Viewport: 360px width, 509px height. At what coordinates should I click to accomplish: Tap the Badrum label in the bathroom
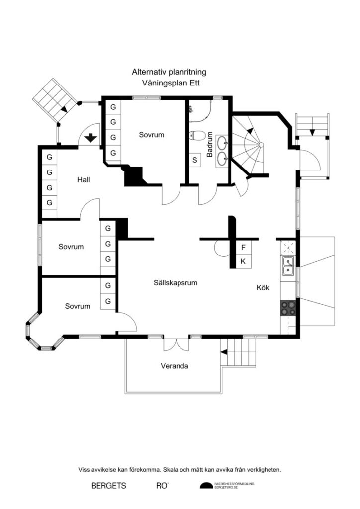coord(210,144)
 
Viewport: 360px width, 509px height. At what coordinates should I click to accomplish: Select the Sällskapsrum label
coord(176,283)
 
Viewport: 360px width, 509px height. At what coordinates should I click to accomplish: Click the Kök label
coord(263,287)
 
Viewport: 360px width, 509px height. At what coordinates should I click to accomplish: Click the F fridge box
coord(243,247)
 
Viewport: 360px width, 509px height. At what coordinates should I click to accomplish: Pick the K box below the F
coord(243,261)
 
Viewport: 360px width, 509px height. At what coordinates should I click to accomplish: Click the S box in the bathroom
coord(195,160)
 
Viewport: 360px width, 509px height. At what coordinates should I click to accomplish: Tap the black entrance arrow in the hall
coord(90,137)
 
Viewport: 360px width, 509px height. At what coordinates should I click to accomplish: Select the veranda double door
coord(176,344)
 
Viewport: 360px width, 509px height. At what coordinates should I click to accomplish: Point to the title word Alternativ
coord(147,72)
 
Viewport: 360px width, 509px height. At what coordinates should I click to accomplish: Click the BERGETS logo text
coord(108,485)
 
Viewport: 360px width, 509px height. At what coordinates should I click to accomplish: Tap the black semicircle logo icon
coord(206,486)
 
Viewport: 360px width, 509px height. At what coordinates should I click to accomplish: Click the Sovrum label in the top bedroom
coord(151,135)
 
